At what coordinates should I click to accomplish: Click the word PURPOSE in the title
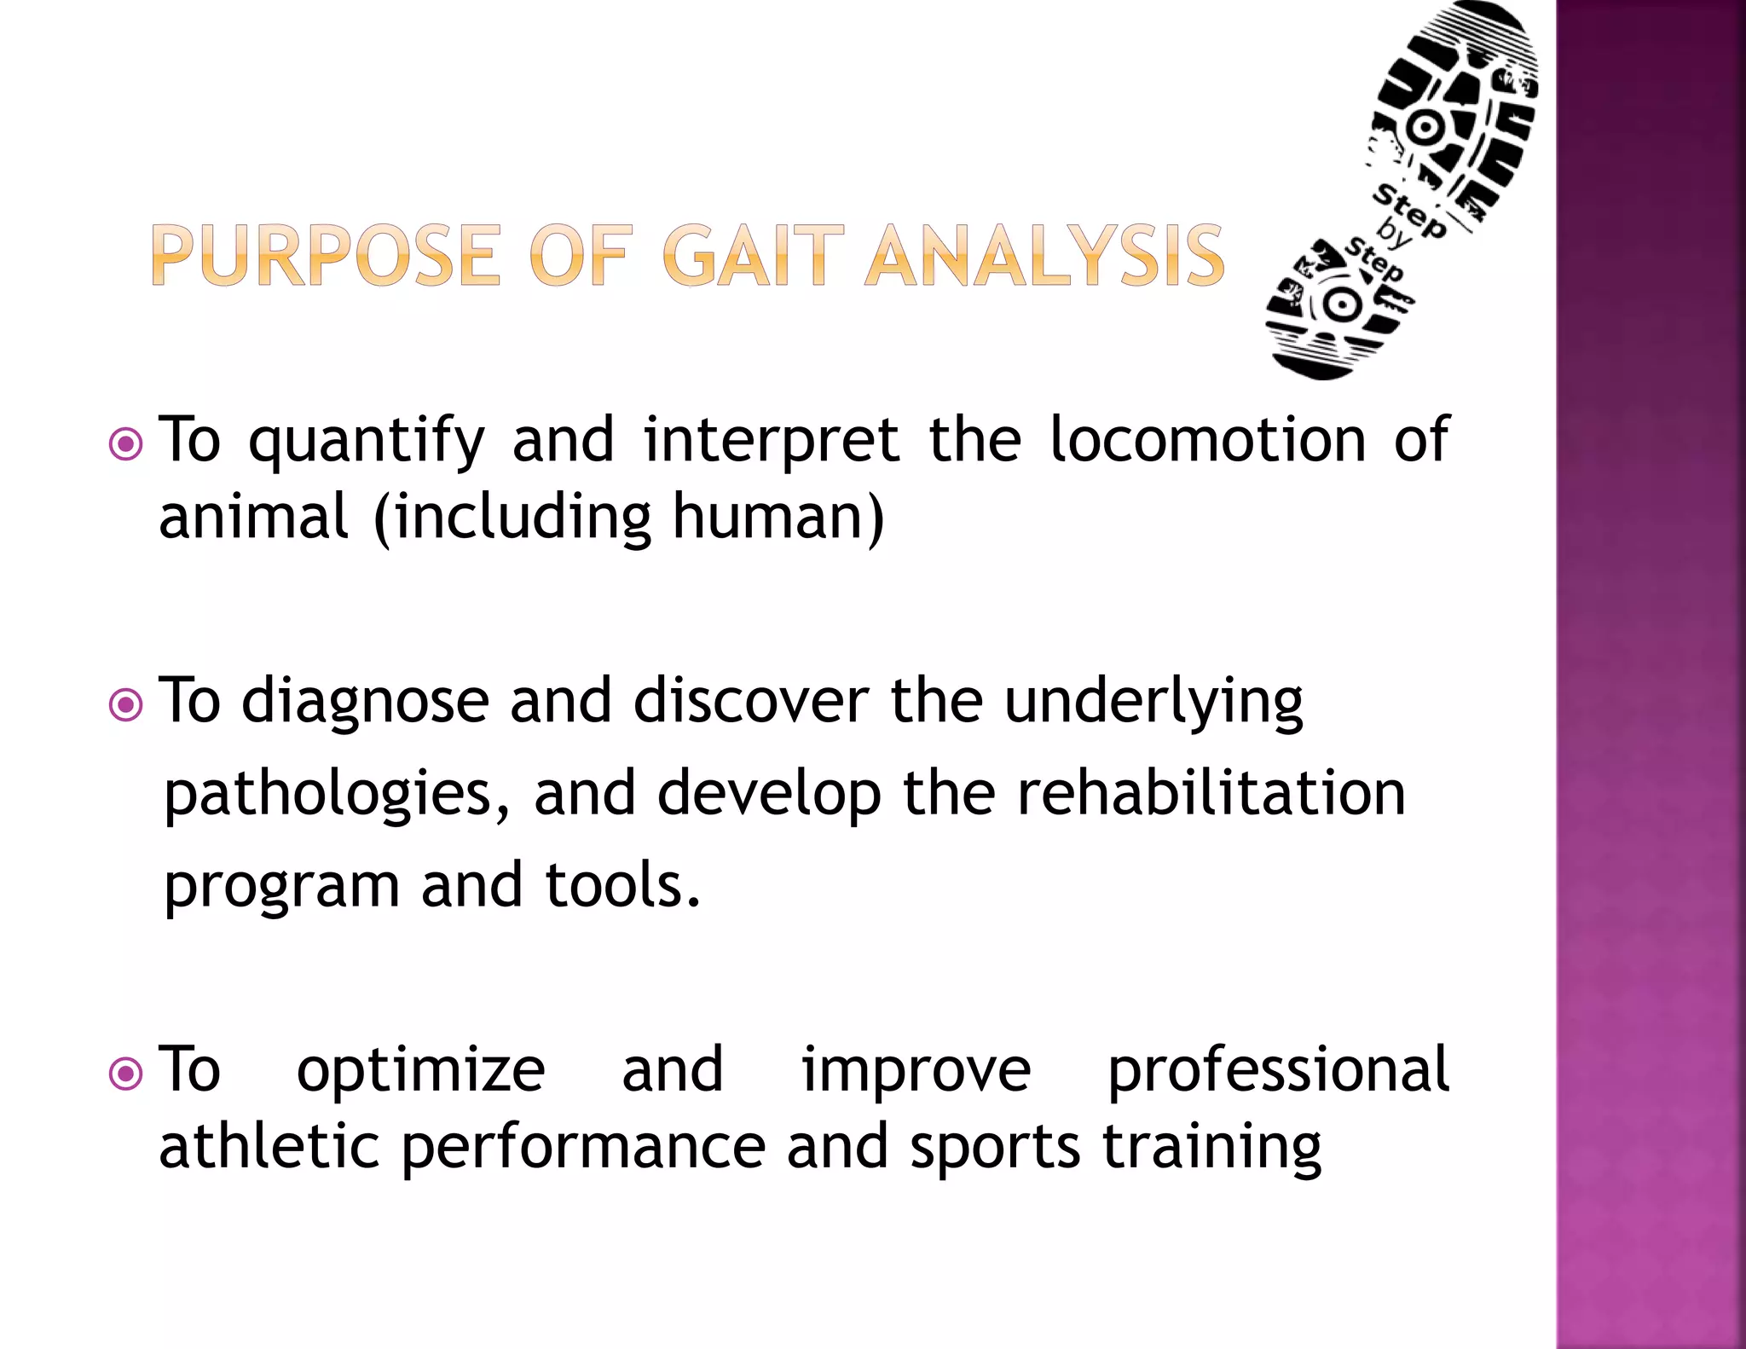tap(324, 255)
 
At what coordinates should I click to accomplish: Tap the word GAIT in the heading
tap(752, 255)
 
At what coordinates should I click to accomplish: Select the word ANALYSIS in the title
tap(1044, 255)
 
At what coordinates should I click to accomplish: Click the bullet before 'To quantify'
tap(126, 443)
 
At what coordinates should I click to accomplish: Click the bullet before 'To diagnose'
tap(126, 704)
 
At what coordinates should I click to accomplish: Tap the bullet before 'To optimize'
tap(126, 1074)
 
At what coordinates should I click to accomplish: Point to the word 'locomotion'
tap(1207, 441)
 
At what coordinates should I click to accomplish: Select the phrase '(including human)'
tap(629, 518)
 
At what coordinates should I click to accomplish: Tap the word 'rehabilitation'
tap(1211, 793)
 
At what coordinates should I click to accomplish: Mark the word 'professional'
tap(1277, 1069)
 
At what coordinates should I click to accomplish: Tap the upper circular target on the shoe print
tap(1423, 129)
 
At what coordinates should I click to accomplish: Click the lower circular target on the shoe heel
tap(1341, 304)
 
